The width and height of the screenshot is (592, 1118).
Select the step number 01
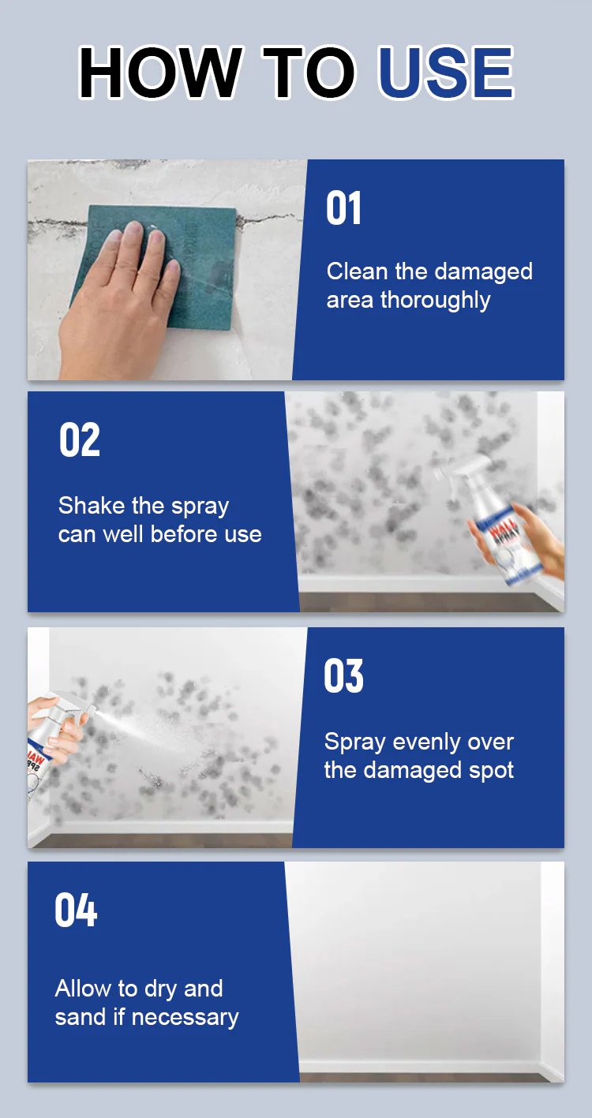343,208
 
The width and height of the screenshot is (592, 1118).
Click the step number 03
343,675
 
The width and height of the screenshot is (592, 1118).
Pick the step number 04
76,910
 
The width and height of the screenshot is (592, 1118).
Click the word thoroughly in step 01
436,301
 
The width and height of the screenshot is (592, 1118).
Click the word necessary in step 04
185,1018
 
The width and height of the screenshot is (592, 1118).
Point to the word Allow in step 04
84,988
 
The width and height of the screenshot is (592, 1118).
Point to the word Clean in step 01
358,271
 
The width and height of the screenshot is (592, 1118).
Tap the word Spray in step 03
355,742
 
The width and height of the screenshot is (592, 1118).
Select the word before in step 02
184,535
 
